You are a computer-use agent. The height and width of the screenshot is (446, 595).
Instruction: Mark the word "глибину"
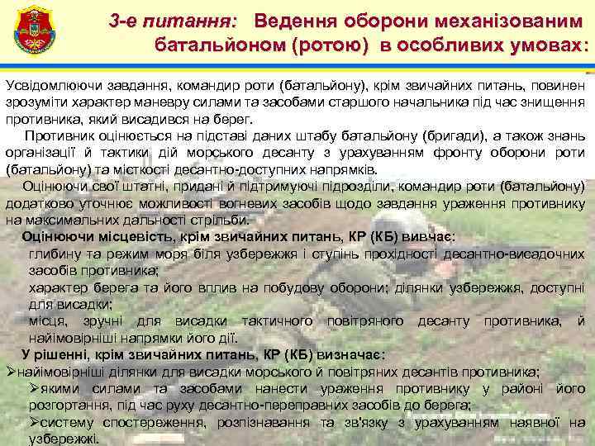(52, 254)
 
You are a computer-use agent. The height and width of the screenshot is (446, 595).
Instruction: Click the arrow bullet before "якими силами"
(35, 389)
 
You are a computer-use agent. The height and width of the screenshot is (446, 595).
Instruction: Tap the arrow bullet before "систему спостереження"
(35, 422)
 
